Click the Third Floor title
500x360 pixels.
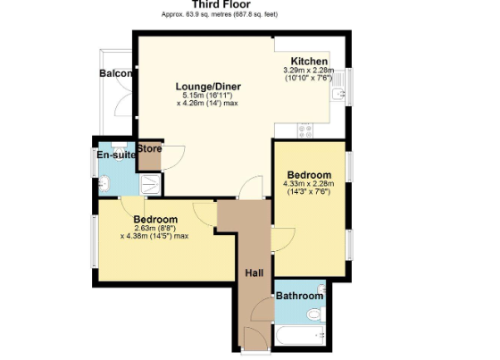point(221,4)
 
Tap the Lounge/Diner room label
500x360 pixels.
point(208,87)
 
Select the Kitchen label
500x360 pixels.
point(309,61)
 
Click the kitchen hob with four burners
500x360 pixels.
point(305,130)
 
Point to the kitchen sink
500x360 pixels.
point(338,94)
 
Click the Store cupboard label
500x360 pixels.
point(149,148)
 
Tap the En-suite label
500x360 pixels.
point(116,155)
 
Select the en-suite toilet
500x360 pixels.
point(119,151)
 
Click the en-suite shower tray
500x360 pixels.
point(150,185)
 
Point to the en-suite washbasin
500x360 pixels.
point(104,184)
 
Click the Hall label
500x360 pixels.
point(254,272)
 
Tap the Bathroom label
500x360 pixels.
point(299,296)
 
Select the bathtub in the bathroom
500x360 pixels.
point(300,335)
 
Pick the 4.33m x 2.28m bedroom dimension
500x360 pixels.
point(309,184)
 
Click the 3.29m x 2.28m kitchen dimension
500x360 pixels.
point(309,70)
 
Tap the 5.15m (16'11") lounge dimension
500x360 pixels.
point(207,95)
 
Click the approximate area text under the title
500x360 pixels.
point(220,14)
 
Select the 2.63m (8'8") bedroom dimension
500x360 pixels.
point(155,228)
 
